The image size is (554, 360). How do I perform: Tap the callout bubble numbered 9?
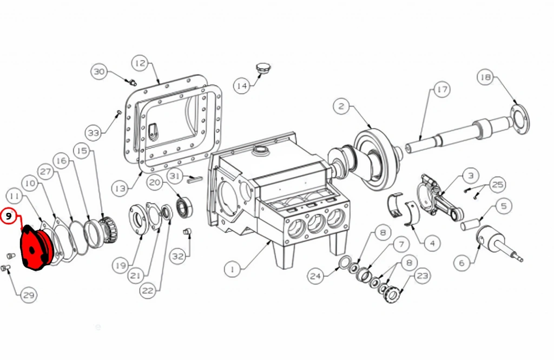(9, 216)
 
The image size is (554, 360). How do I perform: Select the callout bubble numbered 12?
(140, 63)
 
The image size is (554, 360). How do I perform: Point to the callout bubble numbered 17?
(441, 90)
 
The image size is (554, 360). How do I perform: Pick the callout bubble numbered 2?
(341, 106)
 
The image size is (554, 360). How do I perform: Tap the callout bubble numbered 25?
(498, 184)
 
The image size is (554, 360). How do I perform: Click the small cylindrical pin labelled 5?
(470, 225)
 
